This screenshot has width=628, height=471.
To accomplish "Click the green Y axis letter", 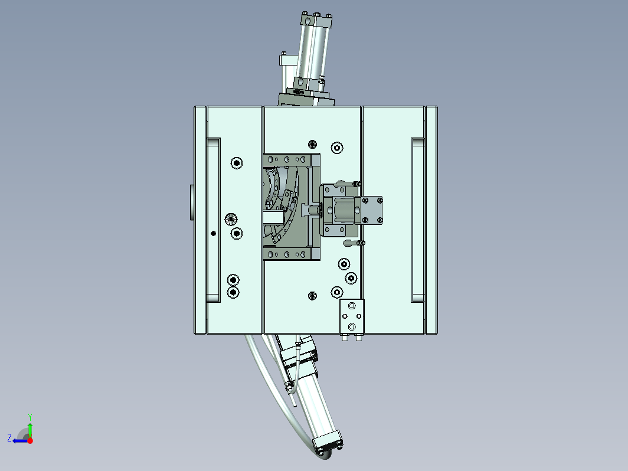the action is pos(30,417).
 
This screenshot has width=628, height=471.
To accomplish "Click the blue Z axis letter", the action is pos(9,437).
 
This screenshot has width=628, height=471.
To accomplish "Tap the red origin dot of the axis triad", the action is pos(30,440).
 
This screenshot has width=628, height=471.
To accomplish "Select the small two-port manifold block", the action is pos(352,316).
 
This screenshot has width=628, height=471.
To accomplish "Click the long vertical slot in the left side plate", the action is pos(214,220).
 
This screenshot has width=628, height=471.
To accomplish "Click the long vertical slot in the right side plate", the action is pos(418,220).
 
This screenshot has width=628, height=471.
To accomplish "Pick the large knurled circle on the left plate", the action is pos(231,218).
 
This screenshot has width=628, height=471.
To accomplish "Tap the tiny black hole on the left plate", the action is pos(214,233).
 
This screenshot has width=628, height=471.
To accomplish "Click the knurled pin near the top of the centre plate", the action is pos(312,144).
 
